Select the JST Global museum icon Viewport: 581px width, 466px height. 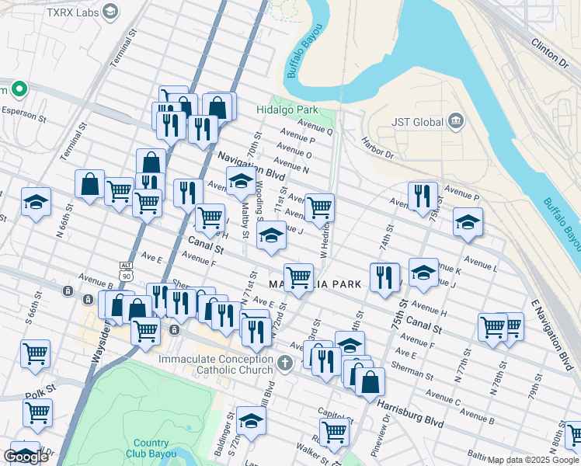[x=456, y=122]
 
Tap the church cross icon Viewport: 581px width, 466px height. [x=285, y=362]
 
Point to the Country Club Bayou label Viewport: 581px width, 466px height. [x=150, y=448]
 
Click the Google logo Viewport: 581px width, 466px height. [x=26, y=457]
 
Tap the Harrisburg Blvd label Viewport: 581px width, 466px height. [x=409, y=413]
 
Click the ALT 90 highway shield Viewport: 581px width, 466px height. [x=126, y=274]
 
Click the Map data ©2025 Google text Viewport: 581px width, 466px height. [x=534, y=460]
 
